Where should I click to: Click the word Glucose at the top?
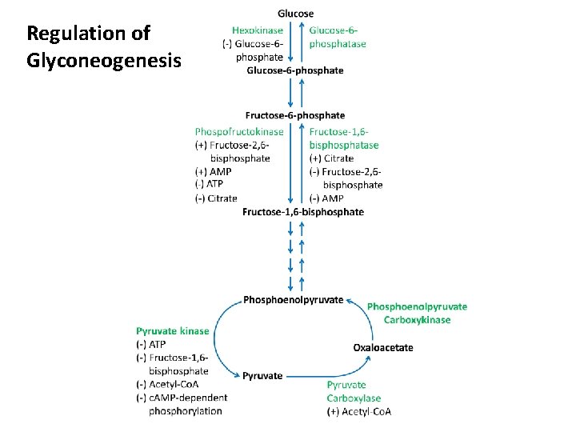[x=295, y=14]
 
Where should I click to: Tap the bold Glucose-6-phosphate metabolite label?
[x=294, y=70]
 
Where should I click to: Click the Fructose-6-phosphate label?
[x=295, y=116]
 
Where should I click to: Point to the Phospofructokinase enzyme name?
[x=239, y=131]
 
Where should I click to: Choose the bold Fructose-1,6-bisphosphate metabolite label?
[x=302, y=212]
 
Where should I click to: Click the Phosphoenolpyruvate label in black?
[x=293, y=300]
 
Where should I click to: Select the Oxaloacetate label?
[x=383, y=347]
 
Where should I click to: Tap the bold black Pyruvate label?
[x=262, y=375]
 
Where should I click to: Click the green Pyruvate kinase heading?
[x=173, y=331]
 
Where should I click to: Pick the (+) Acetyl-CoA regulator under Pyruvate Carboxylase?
[x=359, y=412]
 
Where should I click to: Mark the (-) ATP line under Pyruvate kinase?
[x=151, y=344]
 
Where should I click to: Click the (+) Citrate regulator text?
[x=331, y=158]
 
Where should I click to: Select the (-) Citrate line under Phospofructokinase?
[x=216, y=198]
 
